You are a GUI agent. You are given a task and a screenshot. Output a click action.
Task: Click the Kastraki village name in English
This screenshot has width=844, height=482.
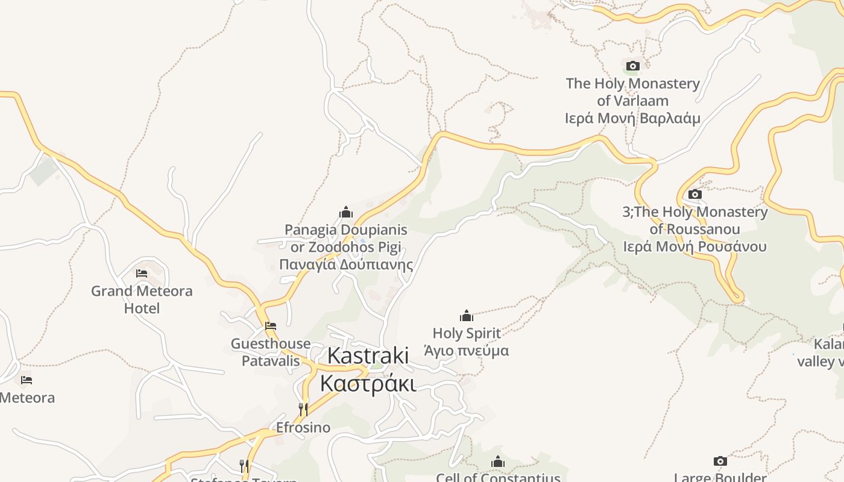click(x=368, y=355)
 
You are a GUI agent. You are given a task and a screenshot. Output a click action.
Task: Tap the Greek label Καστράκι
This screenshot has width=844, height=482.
click(x=368, y=383)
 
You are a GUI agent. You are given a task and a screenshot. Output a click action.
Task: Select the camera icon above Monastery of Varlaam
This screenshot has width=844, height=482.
click(x=632, y=66)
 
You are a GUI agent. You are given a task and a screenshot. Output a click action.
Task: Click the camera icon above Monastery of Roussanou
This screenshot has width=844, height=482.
click(x=695, y=194)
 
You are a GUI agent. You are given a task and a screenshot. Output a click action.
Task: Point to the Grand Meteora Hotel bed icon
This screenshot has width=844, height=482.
click(x=142, y=273)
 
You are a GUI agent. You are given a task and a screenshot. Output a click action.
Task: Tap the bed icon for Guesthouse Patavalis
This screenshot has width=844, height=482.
click(x=271, y=326)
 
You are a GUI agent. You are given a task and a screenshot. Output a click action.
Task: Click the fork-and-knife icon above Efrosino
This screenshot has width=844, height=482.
click(x=303, y=410)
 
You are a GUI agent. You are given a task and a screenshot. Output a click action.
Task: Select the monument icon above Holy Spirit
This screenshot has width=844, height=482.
click(x=467, y=315)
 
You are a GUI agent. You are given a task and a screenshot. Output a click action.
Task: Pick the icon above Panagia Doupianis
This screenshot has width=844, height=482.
click(x=346, y=212)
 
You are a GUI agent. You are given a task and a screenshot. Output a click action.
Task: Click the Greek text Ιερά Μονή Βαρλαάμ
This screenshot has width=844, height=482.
click(x=632, y=118)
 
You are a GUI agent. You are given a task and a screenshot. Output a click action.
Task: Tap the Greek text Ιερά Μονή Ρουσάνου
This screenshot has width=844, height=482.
click(x=695, y=246)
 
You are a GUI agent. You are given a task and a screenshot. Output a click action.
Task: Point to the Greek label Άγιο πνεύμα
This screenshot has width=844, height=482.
click(x=467, y=351)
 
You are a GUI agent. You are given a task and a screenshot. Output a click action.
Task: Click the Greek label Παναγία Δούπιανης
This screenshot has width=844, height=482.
click(x=346, y=264)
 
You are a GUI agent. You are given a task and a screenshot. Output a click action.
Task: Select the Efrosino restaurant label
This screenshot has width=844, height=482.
click(x=303, y=428)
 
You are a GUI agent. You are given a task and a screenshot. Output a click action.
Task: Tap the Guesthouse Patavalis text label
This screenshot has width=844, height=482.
click(x=271, y=352)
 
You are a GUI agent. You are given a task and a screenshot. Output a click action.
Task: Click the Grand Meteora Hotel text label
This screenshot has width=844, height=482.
click(x=142, y=299)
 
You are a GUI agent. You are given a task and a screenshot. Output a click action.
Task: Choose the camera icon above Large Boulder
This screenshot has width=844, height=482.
click(x=720, y=461)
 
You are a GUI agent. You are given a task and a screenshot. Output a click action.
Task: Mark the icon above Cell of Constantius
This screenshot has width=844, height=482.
click(x=498, y=462)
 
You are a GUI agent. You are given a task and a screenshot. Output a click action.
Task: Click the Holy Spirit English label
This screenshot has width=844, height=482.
click(x=467, y=333)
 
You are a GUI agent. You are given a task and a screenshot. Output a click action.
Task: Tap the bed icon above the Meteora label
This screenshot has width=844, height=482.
click(x=27, y=380)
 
